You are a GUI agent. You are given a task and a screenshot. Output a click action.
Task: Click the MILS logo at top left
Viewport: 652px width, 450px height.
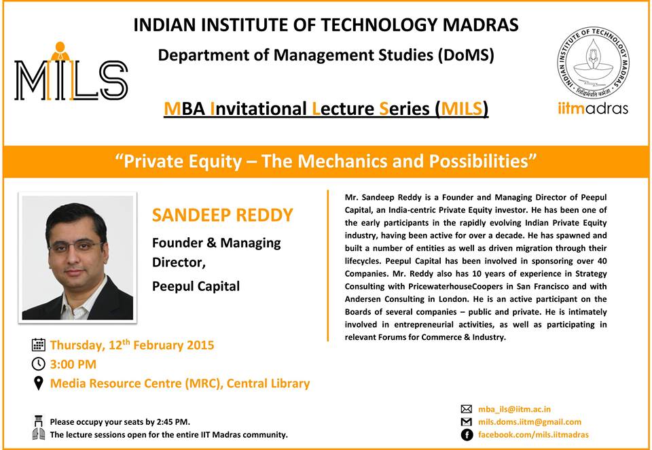pos(71,71)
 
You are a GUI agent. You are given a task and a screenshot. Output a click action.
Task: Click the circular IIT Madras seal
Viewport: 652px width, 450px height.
pos(592,63)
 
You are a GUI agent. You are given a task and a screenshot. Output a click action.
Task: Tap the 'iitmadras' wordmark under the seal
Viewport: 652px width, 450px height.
pos(592,109)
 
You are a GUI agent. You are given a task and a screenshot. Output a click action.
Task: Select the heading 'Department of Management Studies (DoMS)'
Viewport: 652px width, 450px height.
pos(325,55)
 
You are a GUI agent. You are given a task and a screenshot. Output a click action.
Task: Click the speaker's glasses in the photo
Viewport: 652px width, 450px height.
pos(75,246)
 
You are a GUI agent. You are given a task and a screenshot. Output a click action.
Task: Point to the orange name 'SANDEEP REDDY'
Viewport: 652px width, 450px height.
pos(223,215)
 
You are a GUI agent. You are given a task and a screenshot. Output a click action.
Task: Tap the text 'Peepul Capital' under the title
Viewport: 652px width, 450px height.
pos(196,287)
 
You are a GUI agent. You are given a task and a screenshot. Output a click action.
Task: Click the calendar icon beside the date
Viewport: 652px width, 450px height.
pos(38,345)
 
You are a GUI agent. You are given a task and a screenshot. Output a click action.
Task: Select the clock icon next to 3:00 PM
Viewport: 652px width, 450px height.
pos(38,364)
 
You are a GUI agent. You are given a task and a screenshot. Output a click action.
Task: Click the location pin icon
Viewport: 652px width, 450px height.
pos(38,383)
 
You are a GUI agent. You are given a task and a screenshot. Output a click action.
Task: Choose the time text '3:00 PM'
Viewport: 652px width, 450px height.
pos(73,364)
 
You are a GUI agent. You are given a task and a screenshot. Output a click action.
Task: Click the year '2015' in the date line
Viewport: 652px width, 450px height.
pos(200,345)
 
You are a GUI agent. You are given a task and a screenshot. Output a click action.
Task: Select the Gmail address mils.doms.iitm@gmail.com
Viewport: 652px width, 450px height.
pos(530,422)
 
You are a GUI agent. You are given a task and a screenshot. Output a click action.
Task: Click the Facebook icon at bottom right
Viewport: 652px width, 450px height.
pos(467,435)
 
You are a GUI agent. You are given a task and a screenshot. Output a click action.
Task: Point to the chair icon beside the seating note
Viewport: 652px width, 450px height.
pos(39,421)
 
